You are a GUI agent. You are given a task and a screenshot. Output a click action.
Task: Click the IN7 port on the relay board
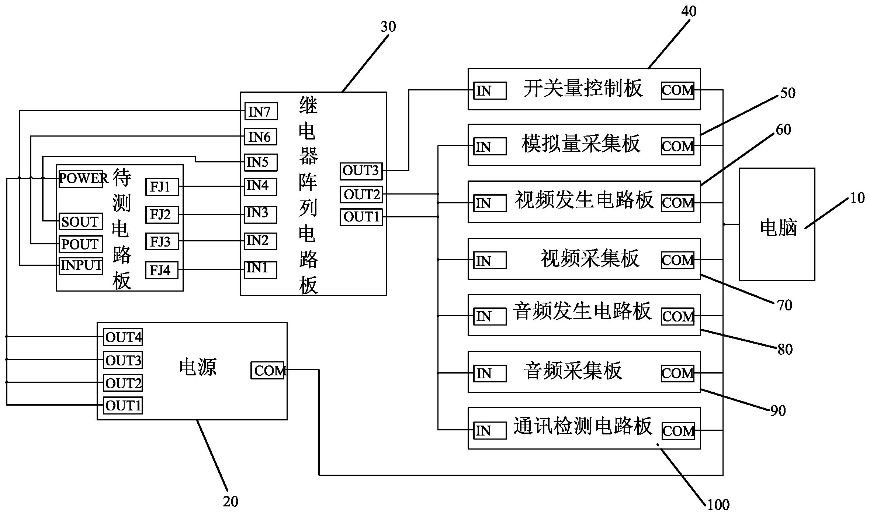pyautogui.click(x=260, y=111)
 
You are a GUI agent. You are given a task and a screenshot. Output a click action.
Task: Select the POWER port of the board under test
pyautogui.click(x=81, y=179)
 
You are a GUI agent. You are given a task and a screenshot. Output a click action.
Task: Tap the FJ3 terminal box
pyautogui.click(x=162, y=242)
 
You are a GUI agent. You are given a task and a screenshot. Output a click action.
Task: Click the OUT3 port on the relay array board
pyautogui.click(x=361, y=171)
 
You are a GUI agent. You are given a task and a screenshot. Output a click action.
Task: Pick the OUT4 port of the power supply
pyautogui.click(x=123, y=337)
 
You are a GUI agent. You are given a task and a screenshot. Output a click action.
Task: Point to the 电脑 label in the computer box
pyautogui.click(x=778, y=228)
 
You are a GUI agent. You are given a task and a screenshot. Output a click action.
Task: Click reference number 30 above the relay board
pyautogui.click(x=388, y=27)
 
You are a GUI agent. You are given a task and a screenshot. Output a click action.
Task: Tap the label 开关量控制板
pyautogui.click(x=583, y=89)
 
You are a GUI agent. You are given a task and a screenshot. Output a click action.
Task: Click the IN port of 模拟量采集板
pyautogui.click(x=489, y=147)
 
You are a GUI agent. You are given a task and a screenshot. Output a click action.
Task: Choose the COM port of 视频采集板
pyautogui.click(x=677, y=260)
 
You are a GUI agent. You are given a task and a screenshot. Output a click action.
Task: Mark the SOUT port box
pyautogui.click(x=80, y=221)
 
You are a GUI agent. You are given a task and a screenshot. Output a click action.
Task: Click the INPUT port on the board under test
pyautogui.click(x=81, y=265)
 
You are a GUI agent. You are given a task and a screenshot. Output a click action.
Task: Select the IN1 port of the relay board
pyautogui.click(x=260, y=269)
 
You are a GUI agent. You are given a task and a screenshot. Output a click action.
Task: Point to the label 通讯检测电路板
pyautogui.click(x=583, y=427)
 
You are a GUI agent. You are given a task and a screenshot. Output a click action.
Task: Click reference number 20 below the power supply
pyautogui.click(x=231, y=501)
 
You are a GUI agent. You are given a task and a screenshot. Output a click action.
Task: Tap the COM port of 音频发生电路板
pyautogui.click(x=677, y=316)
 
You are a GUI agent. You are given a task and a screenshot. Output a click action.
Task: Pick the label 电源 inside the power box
pyautogui.click(x=198, y=367)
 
